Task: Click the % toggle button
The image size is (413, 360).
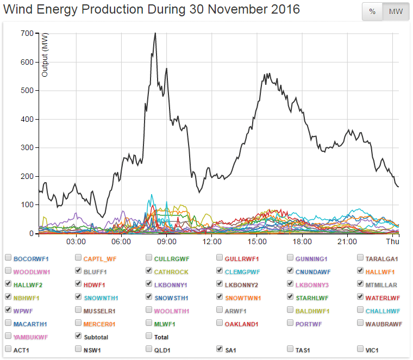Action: tap(372, 11)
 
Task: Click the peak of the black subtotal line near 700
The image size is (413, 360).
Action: tap(155, 33)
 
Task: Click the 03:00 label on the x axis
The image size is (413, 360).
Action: tap(76, 241)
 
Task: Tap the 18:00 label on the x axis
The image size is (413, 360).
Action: tap(302, 241)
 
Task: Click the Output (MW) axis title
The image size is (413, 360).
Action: tap(45, 54)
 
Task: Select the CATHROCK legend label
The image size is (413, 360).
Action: tap(172, 271)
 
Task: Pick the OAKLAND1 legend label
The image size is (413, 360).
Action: tap(242, 323)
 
